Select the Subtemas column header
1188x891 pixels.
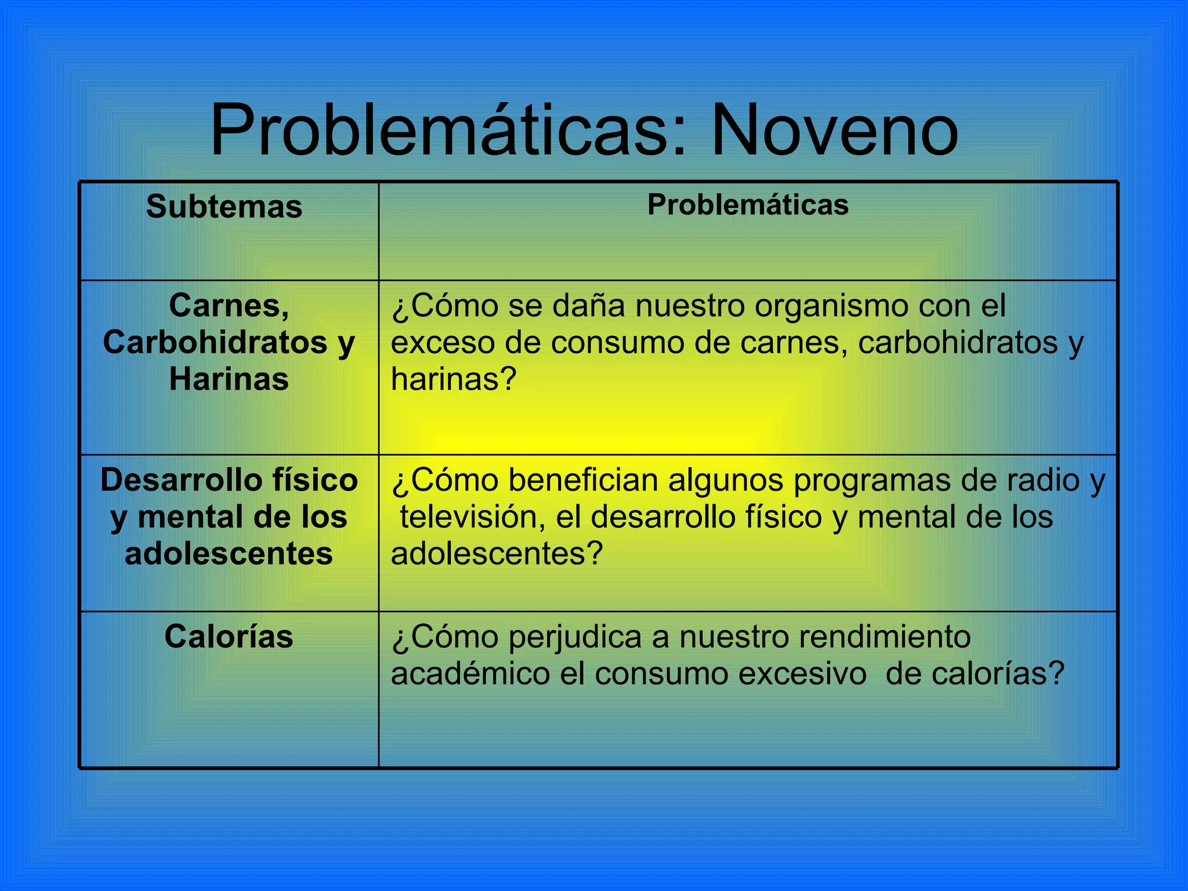[x=224, y=207]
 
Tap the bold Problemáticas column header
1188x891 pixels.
[x=748, y=205]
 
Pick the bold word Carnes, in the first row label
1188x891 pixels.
[x=229, y=306]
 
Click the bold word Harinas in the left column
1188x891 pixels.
[x=229, y=379]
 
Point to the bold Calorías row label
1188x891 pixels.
[x=229, y=637]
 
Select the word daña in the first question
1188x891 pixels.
[x=589, y=306]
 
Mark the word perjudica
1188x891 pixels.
[x=575, y=637]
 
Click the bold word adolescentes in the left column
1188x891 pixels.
[x=229, y=554]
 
